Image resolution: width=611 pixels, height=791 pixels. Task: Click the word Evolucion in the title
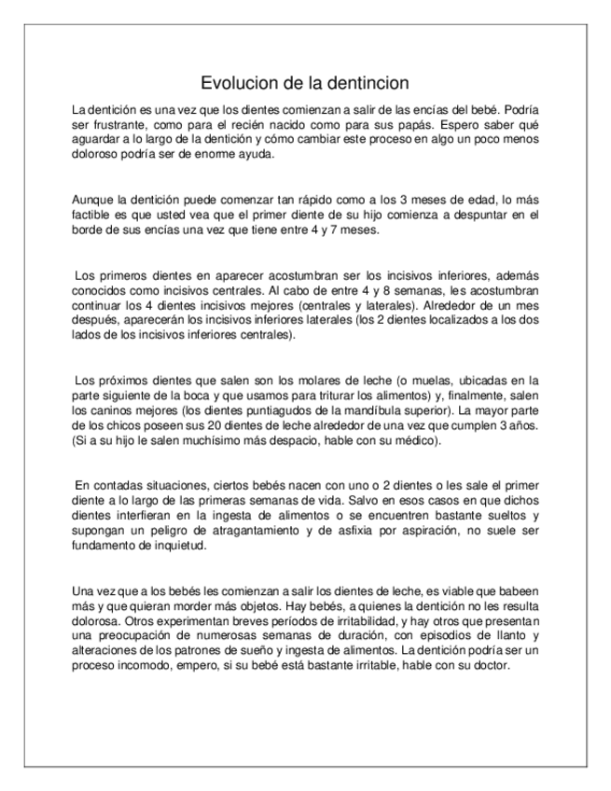click(x=238, y=83)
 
